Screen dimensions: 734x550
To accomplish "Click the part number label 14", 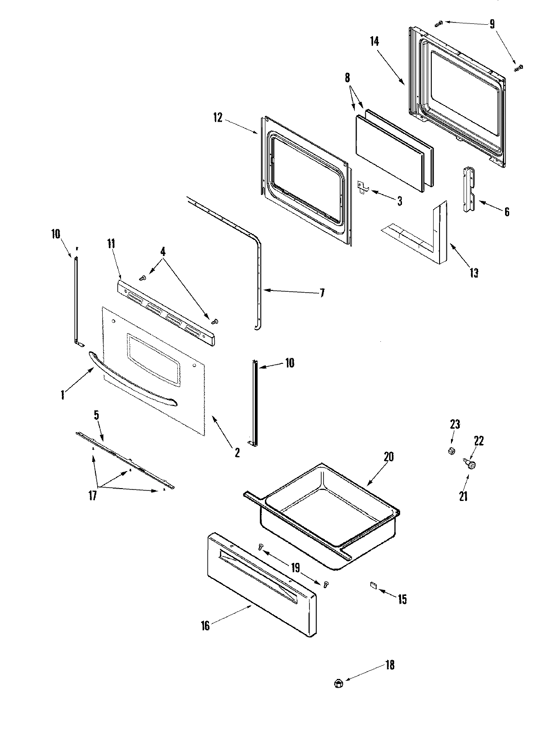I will pos(374,41).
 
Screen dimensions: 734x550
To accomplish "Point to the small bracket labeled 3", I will pos(363,187).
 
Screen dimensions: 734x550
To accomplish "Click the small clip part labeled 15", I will pos(373,585).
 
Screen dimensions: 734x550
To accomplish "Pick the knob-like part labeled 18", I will pos(338,684).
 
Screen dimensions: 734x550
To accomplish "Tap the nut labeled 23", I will pos(451,451).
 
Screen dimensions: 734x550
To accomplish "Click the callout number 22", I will pos(478,441).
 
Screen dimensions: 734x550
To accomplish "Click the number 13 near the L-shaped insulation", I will pos(473,273).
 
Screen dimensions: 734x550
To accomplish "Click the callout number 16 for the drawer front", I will pos(205,625).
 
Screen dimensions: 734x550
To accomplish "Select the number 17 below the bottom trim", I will pos(93,496).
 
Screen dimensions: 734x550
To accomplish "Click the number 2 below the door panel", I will pos(236,452).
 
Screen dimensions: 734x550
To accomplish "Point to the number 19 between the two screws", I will pos(296,568).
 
